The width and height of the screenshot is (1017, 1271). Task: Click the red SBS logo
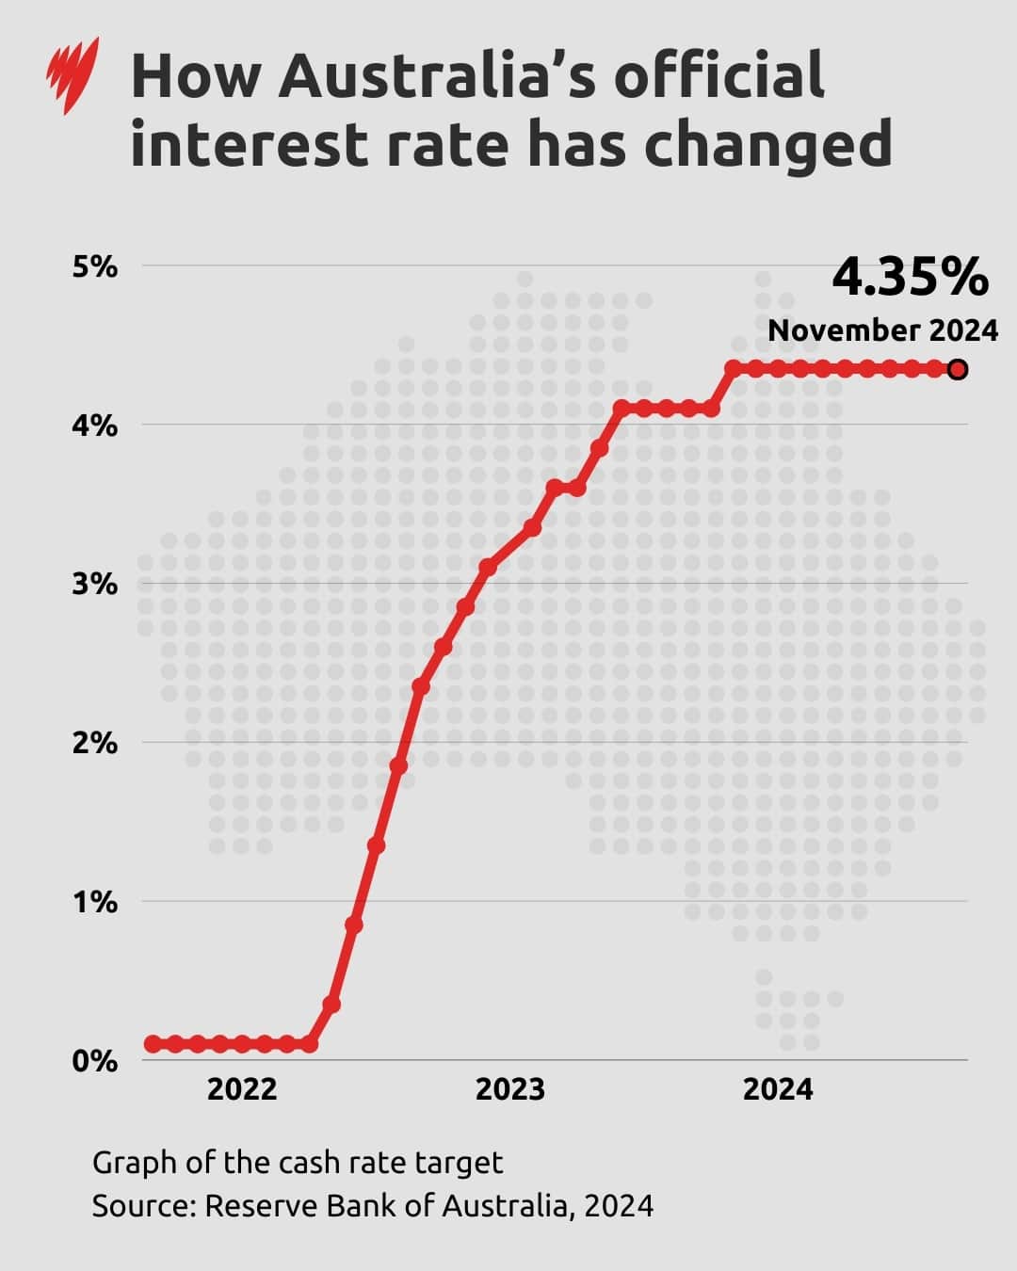72,75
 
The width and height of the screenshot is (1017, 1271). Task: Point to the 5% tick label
95,267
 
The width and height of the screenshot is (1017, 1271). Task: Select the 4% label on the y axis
95,426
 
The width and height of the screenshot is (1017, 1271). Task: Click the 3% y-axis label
95,584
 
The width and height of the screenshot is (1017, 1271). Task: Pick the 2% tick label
95,743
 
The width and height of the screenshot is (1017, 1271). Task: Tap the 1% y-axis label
95,902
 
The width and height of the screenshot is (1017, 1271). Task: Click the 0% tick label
95,1061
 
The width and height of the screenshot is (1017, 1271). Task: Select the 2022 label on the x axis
242,1089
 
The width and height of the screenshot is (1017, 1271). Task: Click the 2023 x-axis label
509,1089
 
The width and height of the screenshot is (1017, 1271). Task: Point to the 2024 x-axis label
777,1089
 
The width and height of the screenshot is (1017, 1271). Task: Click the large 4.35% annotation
910,278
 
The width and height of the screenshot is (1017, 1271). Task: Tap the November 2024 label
882,330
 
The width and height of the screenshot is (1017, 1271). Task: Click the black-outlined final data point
958,369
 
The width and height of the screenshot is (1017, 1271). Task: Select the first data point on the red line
153,1044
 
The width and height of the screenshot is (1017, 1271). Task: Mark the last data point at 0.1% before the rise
310,1044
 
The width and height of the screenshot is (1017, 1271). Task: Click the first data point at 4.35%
734,368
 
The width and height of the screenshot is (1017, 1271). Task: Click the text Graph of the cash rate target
298,1163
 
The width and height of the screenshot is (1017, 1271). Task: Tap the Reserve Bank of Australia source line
372,1206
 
